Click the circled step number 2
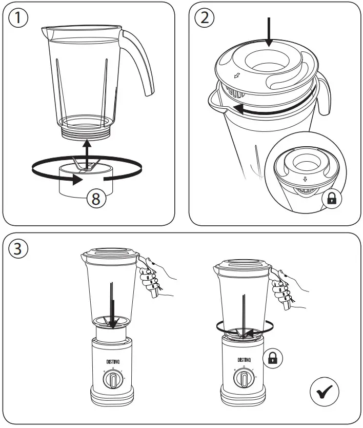[205, 18]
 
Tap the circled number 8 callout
[95, 199]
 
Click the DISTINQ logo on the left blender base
[114, 361]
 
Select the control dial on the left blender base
[114, 380]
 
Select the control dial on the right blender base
[243, 380]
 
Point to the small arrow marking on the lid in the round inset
[305, 180]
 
